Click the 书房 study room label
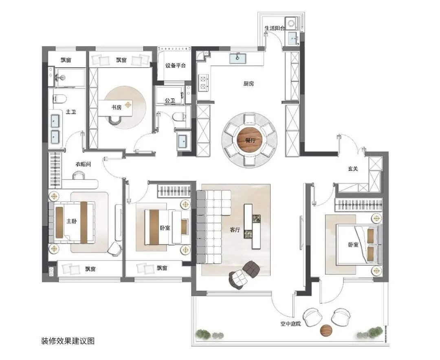[x=117, y=107]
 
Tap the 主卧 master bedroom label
[x=71, y=221]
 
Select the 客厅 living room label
[x=235, y=230]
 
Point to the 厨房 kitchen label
[x=249, y=84]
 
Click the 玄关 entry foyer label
[x=353, y=169]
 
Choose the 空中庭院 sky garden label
[x=291, y=324]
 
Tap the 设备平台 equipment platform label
[x=175, y=66]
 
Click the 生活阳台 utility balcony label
[x=275, y=28]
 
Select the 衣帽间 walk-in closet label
[x=84, y=164]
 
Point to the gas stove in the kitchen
[x=202, y=82]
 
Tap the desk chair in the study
[x=115, y=121]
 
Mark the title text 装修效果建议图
[x=68, y=341]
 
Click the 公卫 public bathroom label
[x=170, y=100]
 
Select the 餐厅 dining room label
[x=250, y=140]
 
